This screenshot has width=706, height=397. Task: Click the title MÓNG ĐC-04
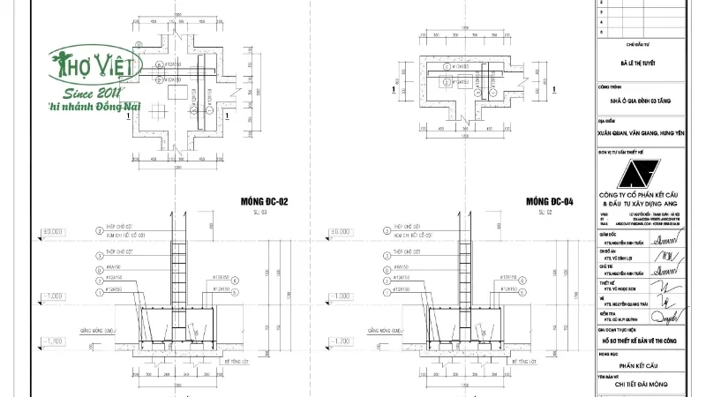point(549,201)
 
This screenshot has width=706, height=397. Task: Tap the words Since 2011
point(93,91)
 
